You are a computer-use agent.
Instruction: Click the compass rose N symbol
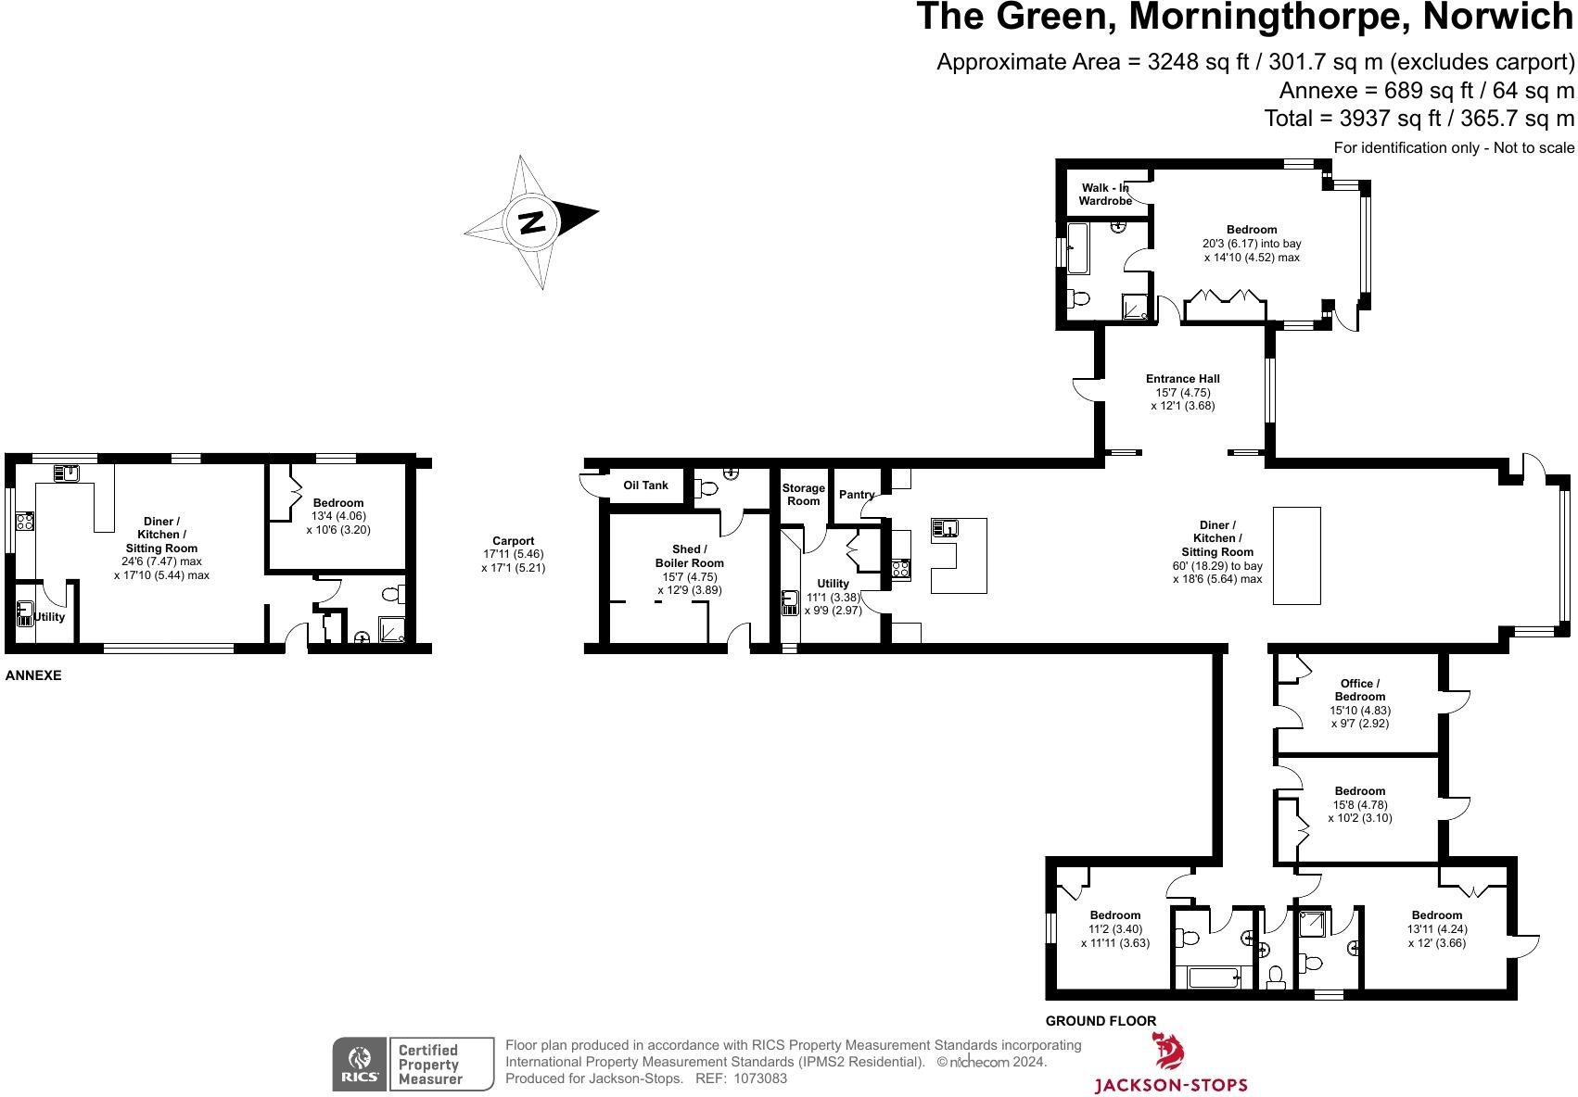531,222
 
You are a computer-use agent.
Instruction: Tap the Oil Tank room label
645,485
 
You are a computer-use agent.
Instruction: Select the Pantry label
856,495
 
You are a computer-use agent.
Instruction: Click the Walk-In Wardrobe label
1105,195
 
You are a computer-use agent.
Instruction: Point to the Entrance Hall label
1182,379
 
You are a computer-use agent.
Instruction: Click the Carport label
513,541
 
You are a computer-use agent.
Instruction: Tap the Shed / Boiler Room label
689,556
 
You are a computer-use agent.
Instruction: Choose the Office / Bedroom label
1359,690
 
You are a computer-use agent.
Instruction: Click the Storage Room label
803,495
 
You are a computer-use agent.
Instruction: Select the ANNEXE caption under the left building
33,675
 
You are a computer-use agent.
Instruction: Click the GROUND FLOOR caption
1101,1021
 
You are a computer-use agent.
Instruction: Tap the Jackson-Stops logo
1170,1065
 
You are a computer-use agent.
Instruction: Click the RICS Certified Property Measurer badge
414,1064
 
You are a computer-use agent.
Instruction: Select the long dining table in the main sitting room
1296,555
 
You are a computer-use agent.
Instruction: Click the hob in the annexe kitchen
24,522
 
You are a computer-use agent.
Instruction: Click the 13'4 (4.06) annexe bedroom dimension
337,516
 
